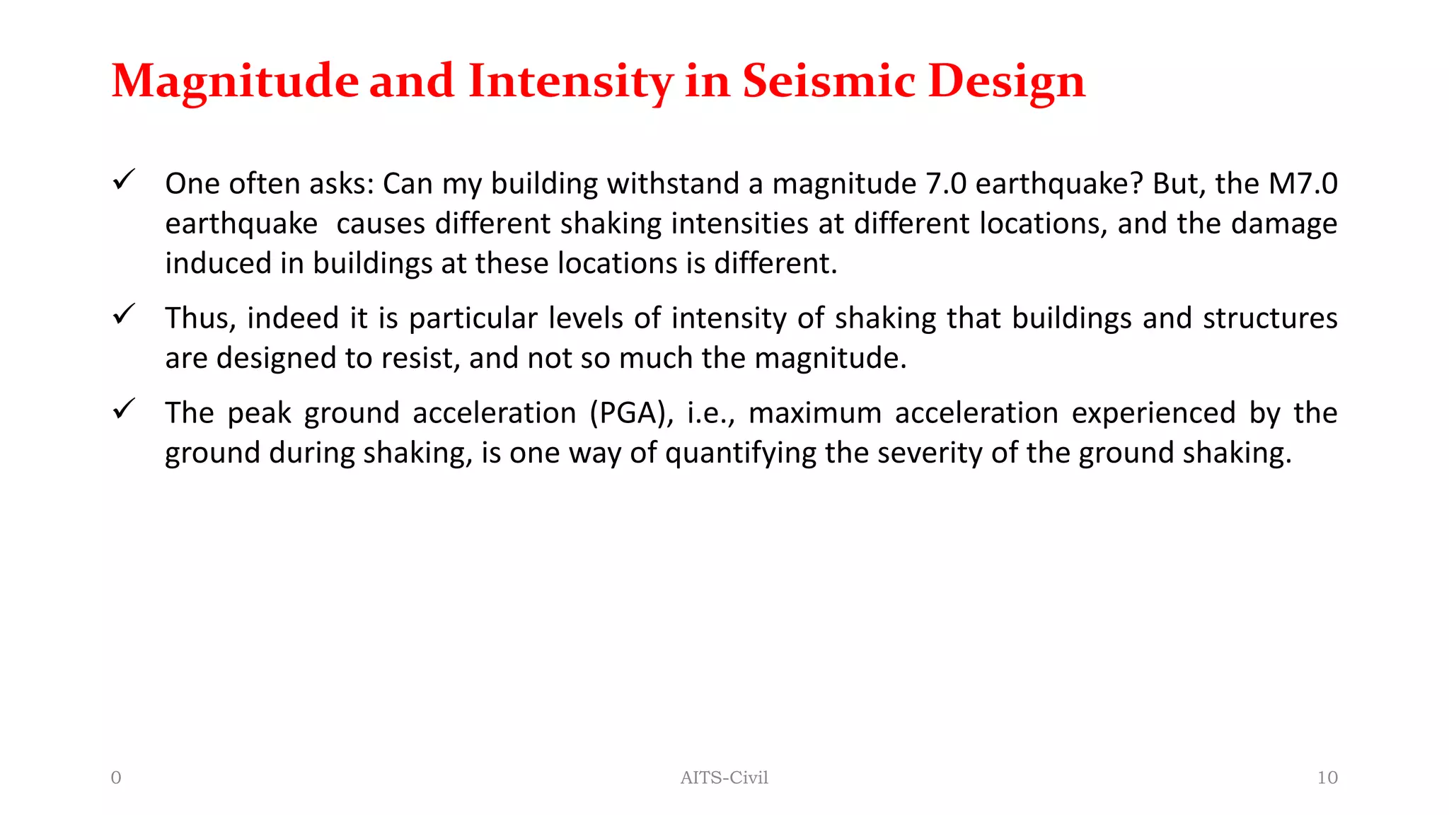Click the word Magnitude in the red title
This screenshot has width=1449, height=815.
coord(235,81)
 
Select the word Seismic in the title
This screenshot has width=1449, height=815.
coord(829,81)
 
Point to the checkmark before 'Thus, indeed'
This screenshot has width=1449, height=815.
coord(124,314)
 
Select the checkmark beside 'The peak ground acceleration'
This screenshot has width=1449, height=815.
coord(124,409)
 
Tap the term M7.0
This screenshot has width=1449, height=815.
coord(1303,183)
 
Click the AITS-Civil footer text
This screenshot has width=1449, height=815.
coord(724,778)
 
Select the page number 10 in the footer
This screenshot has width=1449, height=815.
coord(1327,778)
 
